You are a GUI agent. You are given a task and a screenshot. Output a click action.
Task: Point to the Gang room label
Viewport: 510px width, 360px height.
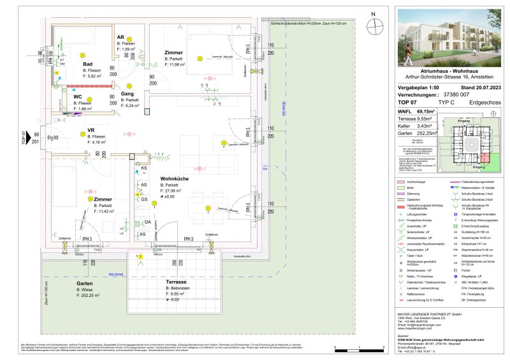point(127,94)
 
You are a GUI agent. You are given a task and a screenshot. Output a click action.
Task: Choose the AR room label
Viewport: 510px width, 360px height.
point(120,38)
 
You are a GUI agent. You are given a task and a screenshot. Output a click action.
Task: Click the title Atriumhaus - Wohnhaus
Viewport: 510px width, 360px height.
point(449,71)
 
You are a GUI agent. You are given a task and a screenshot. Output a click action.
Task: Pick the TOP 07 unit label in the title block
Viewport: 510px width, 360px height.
point(406,101)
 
